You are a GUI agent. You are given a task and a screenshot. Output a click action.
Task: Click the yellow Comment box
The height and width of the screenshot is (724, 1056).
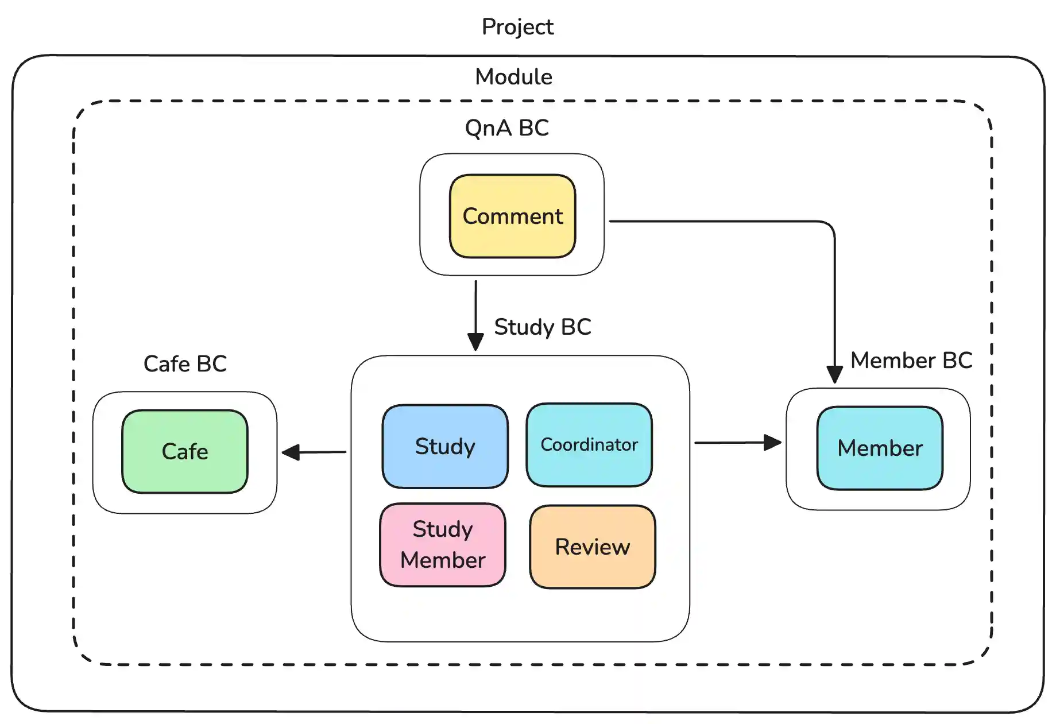tap(512, 216)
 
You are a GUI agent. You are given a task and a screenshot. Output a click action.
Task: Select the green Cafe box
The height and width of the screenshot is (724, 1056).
tap(185, 451)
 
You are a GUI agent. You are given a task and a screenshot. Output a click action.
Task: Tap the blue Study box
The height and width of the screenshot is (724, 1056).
tap(445, 446)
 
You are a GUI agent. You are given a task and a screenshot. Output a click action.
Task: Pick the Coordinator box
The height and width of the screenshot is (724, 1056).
tap(589, 444)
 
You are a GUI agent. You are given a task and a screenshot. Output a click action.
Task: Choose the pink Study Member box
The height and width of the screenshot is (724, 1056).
tap(443, 544)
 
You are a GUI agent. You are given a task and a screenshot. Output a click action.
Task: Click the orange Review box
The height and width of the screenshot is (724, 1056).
tap(592, 547)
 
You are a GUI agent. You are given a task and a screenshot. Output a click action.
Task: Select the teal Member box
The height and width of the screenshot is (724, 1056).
tap(880, 448)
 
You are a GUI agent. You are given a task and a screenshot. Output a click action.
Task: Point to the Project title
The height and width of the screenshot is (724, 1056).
tap(517, 26)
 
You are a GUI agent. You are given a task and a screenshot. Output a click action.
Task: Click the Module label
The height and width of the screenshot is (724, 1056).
tap(513, 76)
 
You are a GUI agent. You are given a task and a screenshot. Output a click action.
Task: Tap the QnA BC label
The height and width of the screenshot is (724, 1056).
tap(506, 127)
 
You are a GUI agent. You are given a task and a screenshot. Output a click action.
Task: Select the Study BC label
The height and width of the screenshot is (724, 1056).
tap(542, 327)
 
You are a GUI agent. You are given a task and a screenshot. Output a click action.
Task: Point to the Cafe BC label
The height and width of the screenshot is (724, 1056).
tap(185, 363)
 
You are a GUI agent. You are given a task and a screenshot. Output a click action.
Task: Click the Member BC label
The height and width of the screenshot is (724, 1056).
tap(911, 360)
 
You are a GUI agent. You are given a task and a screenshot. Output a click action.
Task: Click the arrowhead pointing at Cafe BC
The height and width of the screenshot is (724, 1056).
tap(291, 452)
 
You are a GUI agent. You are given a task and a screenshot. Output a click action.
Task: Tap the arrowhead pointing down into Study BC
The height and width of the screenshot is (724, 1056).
tap(475, 342)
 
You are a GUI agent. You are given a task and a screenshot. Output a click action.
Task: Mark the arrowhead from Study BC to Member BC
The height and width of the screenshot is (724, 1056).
tap(773, 442)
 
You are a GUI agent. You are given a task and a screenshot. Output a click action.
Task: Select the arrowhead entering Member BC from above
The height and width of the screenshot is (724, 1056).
tap(834, 375)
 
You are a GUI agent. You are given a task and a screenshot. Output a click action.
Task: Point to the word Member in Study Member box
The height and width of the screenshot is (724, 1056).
tap(443, 560)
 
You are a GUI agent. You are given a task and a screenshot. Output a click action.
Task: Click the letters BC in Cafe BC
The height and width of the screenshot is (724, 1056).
tap(211, 363)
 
